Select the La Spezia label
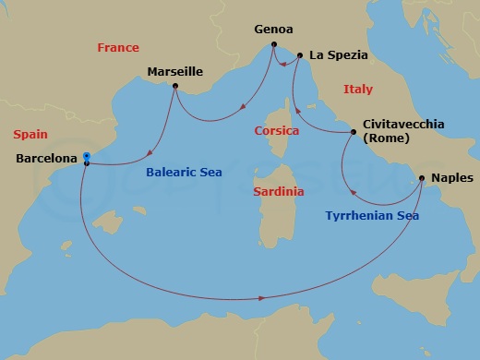pos(339,55)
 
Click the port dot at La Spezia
pos(301,56)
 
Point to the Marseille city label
pos(175,71)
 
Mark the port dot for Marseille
pos(175,90)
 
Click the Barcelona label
pos(46,159)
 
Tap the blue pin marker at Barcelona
pos(85,156)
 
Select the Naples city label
pos(451,177)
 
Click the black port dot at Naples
pos(422,178)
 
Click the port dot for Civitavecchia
pos(354,132)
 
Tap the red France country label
pos(118,48)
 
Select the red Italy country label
pos(357,90)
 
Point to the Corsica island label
pos(277,131)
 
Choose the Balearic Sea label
pos(185,172)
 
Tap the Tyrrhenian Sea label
pos(372,216)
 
